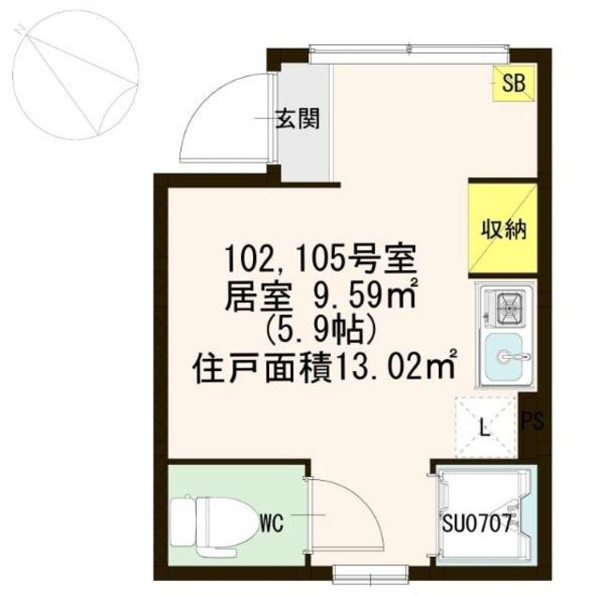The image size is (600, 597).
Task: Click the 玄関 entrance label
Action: coord(298,118)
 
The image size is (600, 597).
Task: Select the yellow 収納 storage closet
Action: coord(503,229)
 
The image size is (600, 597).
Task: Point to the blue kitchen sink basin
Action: coord(502,356)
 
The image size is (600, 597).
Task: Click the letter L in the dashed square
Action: coord(486,429)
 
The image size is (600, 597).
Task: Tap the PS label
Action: coord(532,421)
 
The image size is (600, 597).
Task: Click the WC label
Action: coord(271,523)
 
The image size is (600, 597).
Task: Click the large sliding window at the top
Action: coord(409,54)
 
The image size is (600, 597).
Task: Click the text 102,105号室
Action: coord(320,259)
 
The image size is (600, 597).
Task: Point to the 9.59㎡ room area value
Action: coord(365,295)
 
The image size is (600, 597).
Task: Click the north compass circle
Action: coord(75,75)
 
